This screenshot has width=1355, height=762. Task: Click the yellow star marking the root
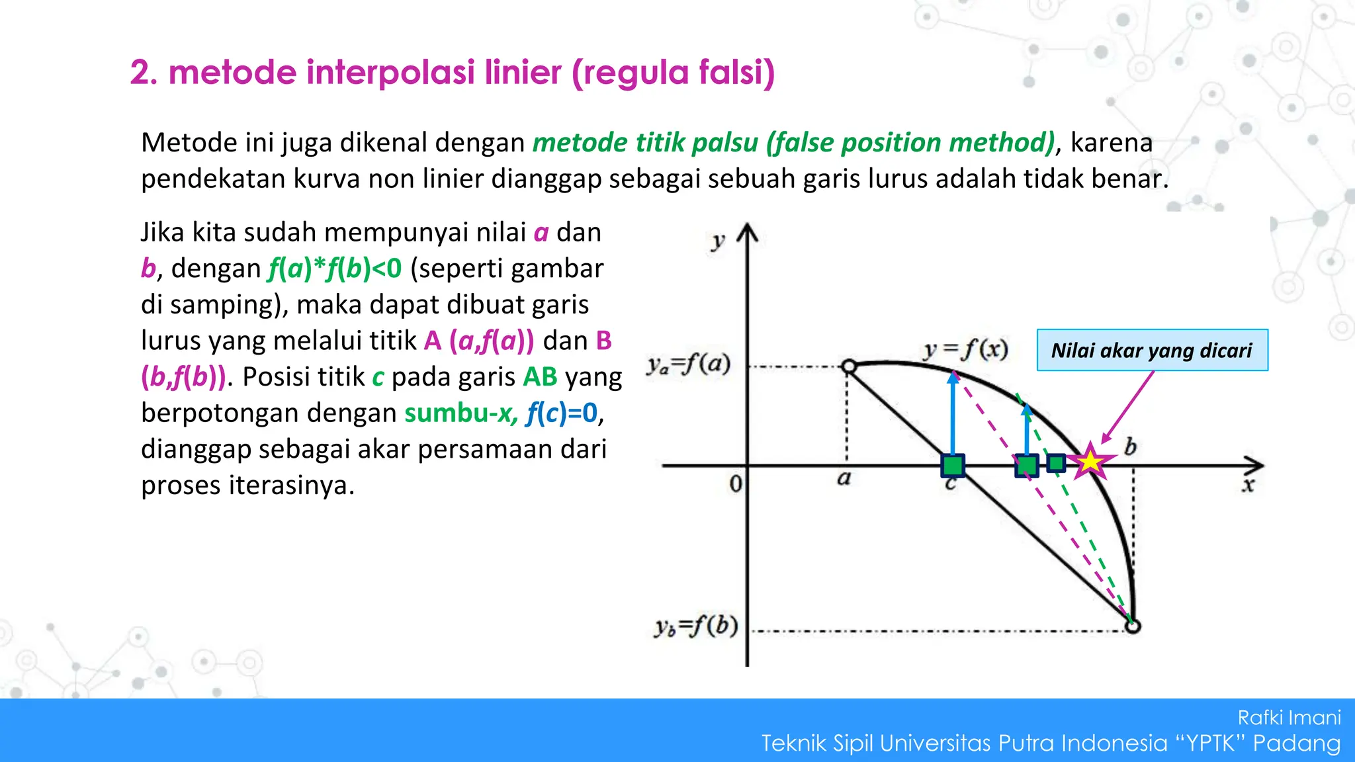click(1090, 461)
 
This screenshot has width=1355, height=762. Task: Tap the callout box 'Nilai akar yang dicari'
click(1152, 350)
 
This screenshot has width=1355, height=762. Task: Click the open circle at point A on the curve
click(848, 366)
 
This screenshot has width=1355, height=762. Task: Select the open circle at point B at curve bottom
click(1133, 626)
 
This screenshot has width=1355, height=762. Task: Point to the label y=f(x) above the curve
click(966, 349)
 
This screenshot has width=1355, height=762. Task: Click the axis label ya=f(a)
click(689, 364)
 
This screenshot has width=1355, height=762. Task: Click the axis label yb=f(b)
click(696, 626)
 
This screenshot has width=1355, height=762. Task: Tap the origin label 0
click(735, 484)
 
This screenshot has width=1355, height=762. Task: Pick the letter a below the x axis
click(844, 478)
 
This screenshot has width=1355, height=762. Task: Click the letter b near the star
click(1130, 448)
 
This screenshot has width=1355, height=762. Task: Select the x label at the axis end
click(1248, 486)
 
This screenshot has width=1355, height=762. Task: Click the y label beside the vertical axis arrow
click(718, 241)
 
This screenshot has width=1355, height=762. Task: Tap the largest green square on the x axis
click(953, 466)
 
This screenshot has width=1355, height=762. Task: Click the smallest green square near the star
click(1056, 463)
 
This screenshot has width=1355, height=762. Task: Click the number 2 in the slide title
click(140, 73)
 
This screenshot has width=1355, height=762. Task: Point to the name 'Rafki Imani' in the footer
click(1289, 717)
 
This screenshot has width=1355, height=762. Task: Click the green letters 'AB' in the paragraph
click(540, 377)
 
